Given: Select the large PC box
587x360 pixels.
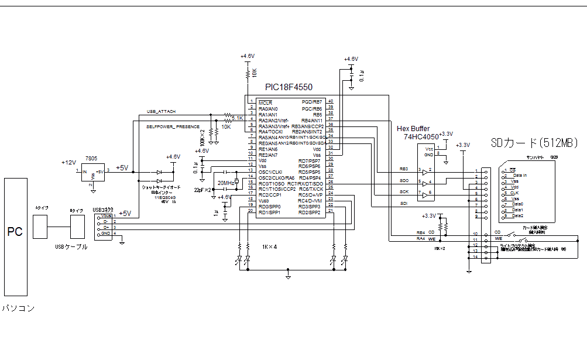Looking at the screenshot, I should click(x=15, y=237).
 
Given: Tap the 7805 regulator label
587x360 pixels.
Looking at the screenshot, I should click(x=91, y=159).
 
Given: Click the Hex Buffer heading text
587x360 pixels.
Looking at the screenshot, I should click(x=413, y=129).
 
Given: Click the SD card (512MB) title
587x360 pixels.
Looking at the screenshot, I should click(x=534, y=143).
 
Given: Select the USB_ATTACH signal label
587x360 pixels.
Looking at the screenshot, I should click(x=161, y=111).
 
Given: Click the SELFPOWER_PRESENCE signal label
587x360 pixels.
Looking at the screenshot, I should click(x=173, y=126).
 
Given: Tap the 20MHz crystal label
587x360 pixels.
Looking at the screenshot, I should click(x=225, y=183).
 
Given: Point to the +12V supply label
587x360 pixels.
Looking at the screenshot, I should click(x=68, y=162).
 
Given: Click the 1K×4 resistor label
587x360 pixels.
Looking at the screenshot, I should click(x=270, y=247).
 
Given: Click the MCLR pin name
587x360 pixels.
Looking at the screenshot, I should click(x=265, y=102).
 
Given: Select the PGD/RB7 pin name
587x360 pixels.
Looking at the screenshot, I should click(x=312, y=102).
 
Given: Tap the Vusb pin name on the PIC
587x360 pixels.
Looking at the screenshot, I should click(x=264, y=201).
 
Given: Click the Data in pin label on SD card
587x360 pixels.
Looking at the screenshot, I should click(x=520, y=175).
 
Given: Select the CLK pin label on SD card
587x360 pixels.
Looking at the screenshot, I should click(x=515, y=193).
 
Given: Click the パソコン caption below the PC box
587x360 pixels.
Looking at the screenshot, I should click(x=18, y=308).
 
